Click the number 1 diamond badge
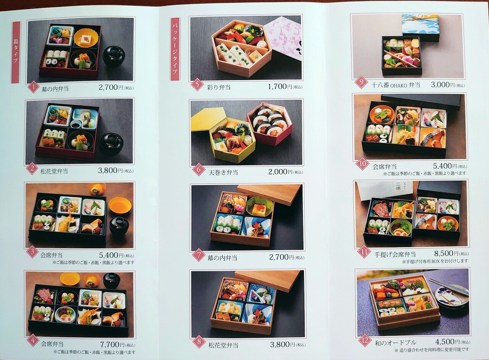coord(33,87)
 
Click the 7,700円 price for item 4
coord(112,344)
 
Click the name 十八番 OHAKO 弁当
coord(395,85)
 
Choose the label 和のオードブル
coord(395,343)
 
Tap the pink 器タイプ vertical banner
coord(16,52)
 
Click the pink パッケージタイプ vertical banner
coord(175,49)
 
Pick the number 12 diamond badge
coord(365,340)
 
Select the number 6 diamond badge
coord(199,170)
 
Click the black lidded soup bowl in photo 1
coord(114,56)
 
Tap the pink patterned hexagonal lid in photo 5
coord(283,38)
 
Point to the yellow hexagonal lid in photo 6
coord(208,119)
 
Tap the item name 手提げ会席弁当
coord(395,254)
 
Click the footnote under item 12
coord(431,350)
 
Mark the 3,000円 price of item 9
coord(443,85)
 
